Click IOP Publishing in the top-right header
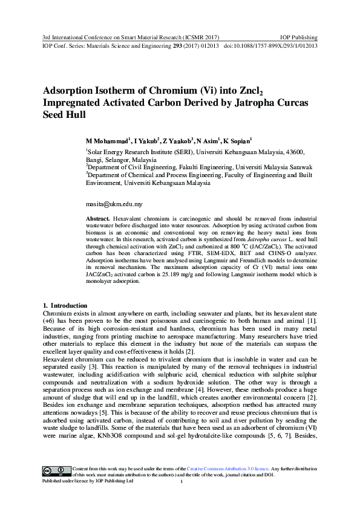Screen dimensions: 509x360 (x=298, y=37)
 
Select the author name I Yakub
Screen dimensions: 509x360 (x=146, y=140)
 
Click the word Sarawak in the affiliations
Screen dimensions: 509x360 (x=298, y=167)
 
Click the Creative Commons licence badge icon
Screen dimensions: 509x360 (x=56, y=471)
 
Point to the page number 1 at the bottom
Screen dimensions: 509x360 (x=181, y=482)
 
